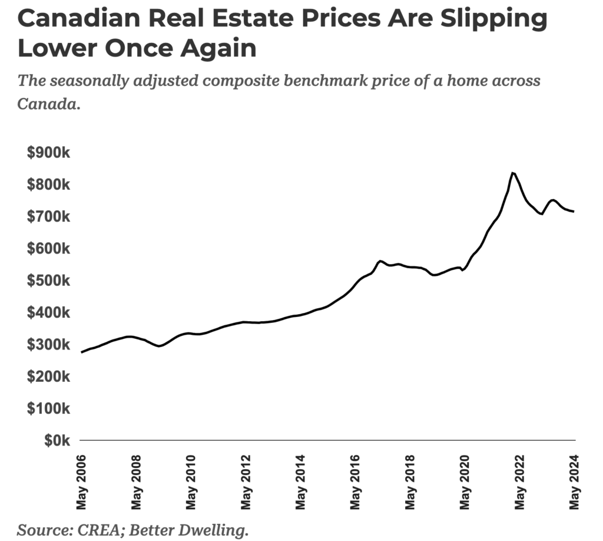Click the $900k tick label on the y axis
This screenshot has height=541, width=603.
click(x=49, y=153)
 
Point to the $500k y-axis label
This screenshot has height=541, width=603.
click(x=49, y=281)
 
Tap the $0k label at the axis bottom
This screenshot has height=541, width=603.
click(x=57, y=440)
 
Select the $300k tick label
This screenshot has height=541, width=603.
click(x=49, y=344)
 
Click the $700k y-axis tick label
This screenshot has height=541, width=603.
click(x=49, y=217)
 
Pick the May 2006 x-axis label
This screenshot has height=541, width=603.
click(x=81, y=482)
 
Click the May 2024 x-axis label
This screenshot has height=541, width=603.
click(x=575, y=482)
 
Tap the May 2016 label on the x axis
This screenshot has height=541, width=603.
click(x=356, y=482)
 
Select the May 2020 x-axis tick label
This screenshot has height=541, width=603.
click(x=465, y=482)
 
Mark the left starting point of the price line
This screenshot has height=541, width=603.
click(x=82, y=352)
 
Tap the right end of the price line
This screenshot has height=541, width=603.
click(x=574, y=212)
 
